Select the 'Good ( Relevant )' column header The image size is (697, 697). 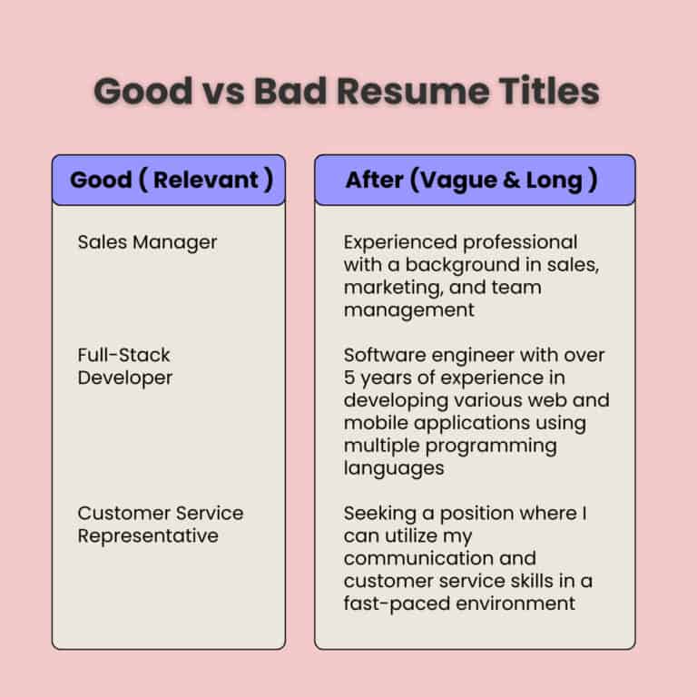(x=171, y=180)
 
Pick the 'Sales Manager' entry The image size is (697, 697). (x=147, y=242)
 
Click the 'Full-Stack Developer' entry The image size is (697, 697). (x=124, y=366)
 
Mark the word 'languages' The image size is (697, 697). (x=393, y=468)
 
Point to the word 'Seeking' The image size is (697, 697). (x=377, y=513)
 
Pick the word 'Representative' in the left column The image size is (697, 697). (x=148, y=535)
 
